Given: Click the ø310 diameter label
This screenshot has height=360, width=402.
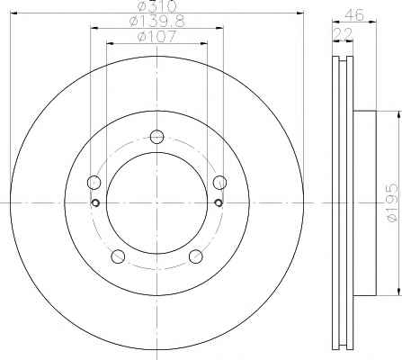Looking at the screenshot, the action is coord(156,6).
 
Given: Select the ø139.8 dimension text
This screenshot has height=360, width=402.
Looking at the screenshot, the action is coord(157,22).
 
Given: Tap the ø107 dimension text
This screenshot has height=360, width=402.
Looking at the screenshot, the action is coord(156,37).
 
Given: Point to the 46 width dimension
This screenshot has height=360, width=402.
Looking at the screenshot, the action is coord(354,14).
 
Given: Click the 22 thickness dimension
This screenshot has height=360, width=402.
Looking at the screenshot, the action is coord(343,34).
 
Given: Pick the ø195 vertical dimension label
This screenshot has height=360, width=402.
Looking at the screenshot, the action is coord(393,203).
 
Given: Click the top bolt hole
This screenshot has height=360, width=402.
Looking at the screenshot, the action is coord(156,137).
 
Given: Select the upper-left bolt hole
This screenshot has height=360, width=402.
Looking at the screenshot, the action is coord(94,183).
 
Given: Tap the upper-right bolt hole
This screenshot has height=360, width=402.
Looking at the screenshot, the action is coord(219,183).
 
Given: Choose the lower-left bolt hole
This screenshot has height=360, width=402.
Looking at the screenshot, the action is coord(118,256).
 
